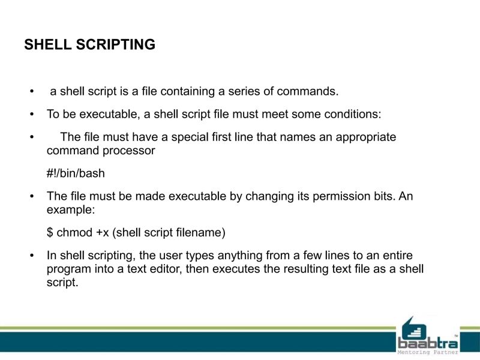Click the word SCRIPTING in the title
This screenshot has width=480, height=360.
[x=116, y=45]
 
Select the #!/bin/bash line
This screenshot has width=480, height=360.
[x=76, y=173]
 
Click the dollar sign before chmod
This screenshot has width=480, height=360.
[x=50, y=232]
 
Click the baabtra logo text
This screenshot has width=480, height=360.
[x=427, y=343]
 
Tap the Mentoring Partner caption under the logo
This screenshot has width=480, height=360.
[x=428, y=353]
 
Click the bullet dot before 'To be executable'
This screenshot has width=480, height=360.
[x=32, y=114]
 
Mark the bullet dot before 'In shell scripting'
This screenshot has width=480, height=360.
[x=32, y=256]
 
